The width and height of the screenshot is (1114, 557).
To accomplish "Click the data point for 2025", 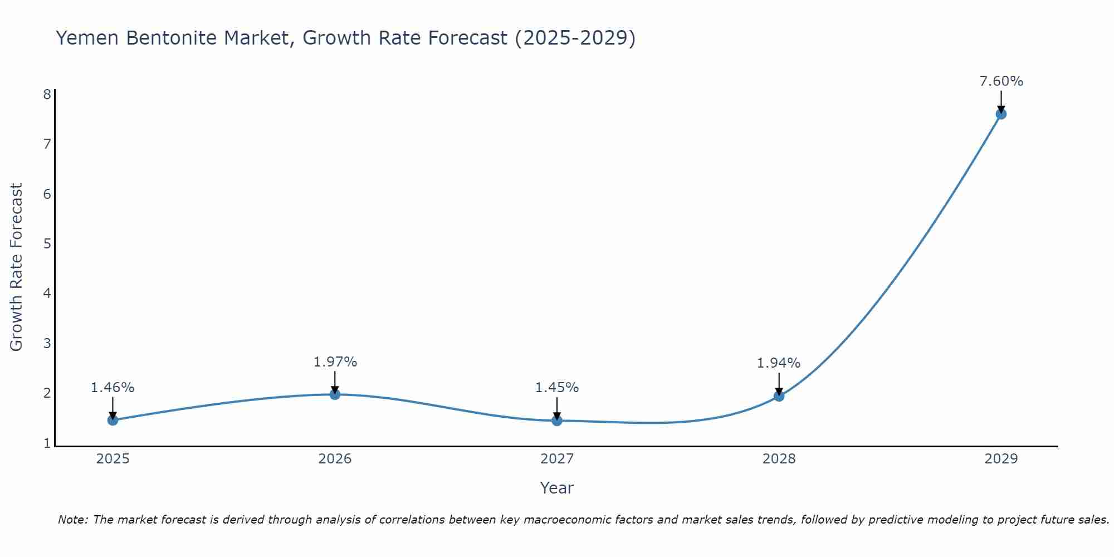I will pos(113,420).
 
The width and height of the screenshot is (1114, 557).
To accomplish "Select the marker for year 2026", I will pos(335,394).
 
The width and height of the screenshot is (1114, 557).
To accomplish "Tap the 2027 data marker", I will pos(557,421).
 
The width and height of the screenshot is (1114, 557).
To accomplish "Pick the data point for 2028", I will pos(779,396).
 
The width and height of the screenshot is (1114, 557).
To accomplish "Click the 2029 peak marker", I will pos(1001,114).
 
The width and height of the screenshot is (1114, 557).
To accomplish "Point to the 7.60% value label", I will pos(1001,81).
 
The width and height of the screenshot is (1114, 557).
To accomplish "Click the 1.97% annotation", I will pos(335,362).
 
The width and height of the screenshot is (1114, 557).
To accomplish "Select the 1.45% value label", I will pos(557,388).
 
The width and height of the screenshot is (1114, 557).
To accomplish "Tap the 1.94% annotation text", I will pos(778,363).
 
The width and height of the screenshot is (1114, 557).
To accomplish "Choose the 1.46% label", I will pos(113,388).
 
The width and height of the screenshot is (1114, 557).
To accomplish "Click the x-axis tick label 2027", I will pos(557,459).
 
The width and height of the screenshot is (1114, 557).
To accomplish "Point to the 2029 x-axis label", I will pos(1001,459).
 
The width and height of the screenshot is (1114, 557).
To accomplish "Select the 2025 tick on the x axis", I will pos(113,459).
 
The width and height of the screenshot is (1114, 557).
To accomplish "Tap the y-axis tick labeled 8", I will pos(47,94).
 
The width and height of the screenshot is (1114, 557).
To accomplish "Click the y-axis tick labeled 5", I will pos(47,243).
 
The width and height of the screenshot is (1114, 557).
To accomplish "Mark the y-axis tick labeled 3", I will pos(47,343).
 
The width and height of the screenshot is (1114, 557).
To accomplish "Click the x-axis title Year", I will pos(557,488).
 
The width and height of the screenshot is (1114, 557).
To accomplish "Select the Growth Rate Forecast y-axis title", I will pos(17,267).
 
